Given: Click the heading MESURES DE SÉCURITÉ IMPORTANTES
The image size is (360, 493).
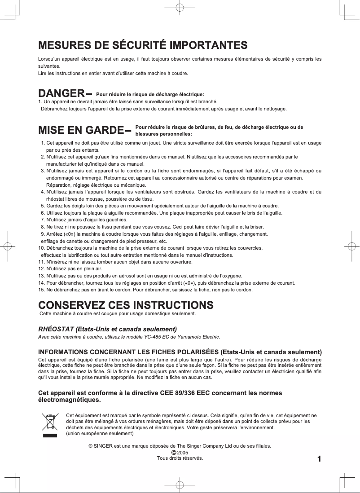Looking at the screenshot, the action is [x=143, y=45].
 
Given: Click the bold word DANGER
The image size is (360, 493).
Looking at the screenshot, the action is [x=61, y=93].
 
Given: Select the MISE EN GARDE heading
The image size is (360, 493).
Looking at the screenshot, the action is [x=81, y=130].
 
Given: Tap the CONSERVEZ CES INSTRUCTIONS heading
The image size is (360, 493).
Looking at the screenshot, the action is [x=126, y=305].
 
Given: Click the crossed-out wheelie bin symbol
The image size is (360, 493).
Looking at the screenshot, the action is [x=50, y=424].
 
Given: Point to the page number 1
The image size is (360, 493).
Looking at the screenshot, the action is [x=319, y=459].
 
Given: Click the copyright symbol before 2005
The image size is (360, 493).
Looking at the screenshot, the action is [x=174, y=453].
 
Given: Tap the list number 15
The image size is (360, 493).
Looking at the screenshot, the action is [x=41, y=290].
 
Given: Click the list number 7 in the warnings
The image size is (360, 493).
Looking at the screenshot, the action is [x=43, y=220].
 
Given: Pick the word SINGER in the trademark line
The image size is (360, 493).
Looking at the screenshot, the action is [x=103, y=446].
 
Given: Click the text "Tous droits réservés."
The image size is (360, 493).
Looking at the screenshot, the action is [x=180, y=458].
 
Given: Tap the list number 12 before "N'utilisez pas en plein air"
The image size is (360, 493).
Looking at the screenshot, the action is [x=41, y=269].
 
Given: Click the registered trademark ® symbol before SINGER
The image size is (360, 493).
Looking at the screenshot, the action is [x=90, y=446].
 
